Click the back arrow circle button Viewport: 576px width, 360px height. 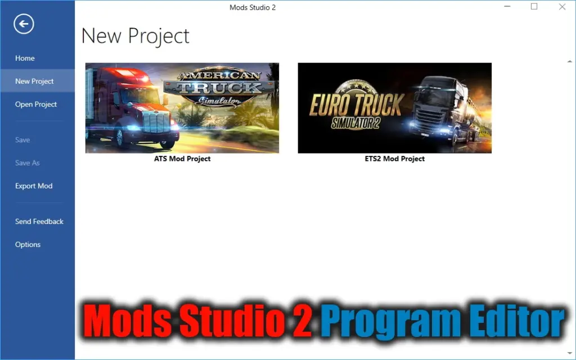click(25, 24)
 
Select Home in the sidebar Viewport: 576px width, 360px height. click(25, 58)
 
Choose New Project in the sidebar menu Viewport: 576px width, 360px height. click(34, 81)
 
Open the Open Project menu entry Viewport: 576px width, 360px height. click(36, 104)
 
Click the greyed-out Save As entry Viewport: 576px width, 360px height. click(28, 163)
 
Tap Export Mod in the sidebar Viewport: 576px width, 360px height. click(34, 186)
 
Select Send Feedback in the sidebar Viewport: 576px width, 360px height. click(39, 221)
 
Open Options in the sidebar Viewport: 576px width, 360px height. click(28, 244)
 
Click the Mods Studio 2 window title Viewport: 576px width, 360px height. click(253, 7)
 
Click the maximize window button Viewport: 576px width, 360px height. click(534, 7)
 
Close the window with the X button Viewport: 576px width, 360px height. click(562, 7)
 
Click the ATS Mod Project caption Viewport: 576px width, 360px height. click(182, 159)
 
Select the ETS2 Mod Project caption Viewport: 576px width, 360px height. click(395, 159)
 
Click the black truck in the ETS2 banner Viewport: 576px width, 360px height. click(444, 110)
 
